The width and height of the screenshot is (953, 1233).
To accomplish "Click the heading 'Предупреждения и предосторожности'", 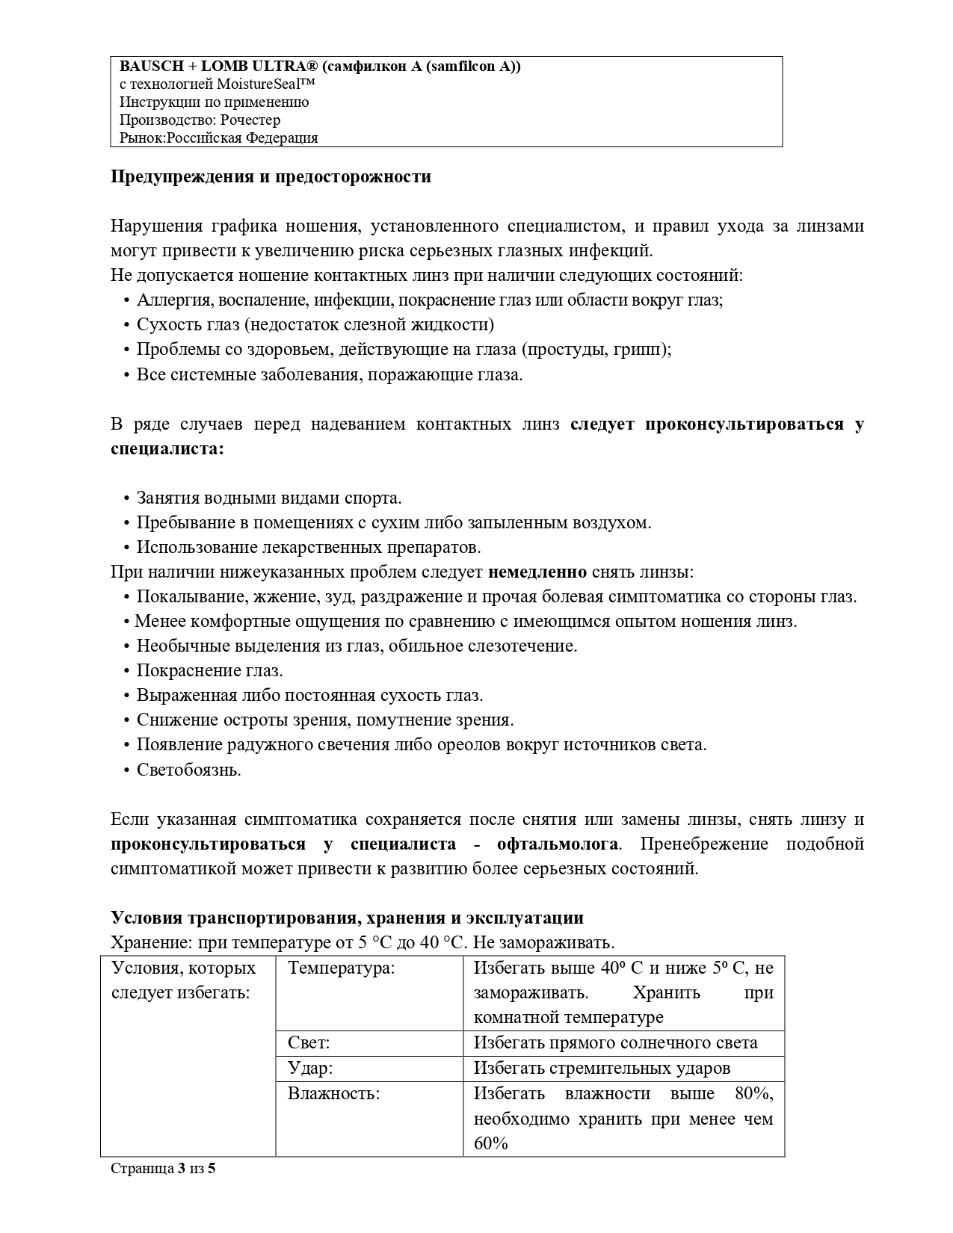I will [x=271, y=177].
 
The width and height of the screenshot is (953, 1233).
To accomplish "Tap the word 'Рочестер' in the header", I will [x=251, y=120].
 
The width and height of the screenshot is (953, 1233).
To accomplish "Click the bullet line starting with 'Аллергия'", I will [x=429, y=300].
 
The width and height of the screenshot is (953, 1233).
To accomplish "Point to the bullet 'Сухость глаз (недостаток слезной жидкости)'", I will [x=315, y=325].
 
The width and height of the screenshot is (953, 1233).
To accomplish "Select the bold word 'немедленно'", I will [x=537, y=572].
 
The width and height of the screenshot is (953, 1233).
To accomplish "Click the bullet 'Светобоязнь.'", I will [x=188, y=770].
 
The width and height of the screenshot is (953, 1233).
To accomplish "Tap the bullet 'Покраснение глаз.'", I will [x=209, y=671].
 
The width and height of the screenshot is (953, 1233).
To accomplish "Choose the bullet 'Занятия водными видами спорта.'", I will [x=269, y=498].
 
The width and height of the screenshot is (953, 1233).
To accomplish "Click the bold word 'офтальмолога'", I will [x=558, y=844].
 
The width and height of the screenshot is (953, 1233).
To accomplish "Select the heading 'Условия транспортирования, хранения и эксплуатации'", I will [x=347, y=918].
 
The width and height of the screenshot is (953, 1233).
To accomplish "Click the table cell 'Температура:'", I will [x=342, y=969].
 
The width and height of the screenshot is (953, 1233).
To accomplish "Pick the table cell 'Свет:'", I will [x=309, y=1043].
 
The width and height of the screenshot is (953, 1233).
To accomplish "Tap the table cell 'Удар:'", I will [x=310, y=1069].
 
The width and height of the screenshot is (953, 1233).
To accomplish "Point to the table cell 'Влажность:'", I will [x=334, y=1094].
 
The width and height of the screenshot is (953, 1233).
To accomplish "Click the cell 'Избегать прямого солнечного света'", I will [x=615, y=1043].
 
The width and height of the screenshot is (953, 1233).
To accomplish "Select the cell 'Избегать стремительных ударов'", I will [x=602, y=1069].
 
